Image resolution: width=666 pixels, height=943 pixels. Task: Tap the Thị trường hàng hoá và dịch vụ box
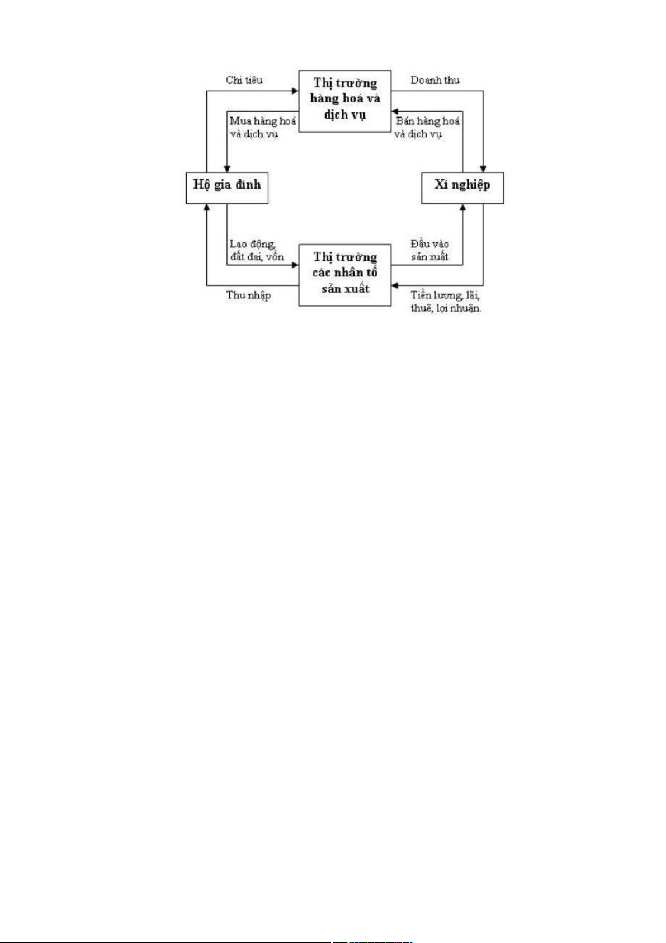[x=344, y=101]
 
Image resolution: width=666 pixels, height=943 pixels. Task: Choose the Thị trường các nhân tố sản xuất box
[x=344, y=274]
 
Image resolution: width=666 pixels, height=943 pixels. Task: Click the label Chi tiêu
[x=244, y=80]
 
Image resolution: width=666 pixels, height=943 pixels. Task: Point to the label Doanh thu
[x=434, y=80]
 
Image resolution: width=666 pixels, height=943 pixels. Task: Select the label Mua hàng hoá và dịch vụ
[x=262, y=128]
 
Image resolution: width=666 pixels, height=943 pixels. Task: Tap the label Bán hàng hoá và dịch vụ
[x=427, y=128]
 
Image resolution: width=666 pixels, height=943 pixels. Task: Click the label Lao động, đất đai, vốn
[x=257, y=251]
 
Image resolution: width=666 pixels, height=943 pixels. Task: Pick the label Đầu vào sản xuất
[x=429, y=251]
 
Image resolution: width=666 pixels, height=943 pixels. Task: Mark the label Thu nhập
[x=248, y=295]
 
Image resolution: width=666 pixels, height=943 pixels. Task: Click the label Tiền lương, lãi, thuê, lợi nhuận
[x=446, y=302]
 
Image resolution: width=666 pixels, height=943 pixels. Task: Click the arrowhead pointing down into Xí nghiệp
[x=483, y=168]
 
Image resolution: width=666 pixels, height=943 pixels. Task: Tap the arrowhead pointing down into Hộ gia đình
[x=227, y=168]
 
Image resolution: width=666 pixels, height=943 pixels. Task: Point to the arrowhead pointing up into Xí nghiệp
[x=462, y=207]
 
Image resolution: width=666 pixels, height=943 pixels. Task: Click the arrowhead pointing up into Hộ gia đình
[x=207, y=207]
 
